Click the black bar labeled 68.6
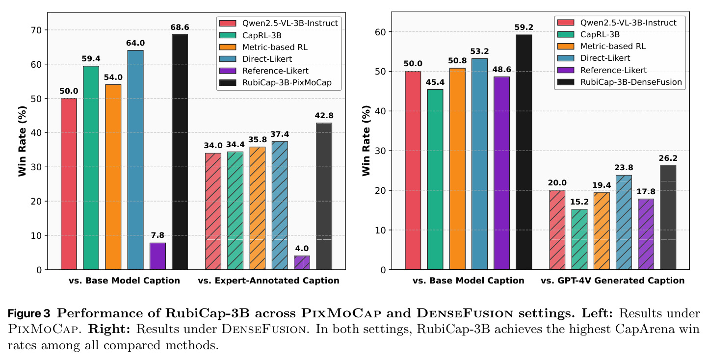point(180,152)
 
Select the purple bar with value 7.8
point(157,257)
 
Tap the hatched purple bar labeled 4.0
point(302,263)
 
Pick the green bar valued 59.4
point(91,168)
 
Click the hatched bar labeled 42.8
point(324,196)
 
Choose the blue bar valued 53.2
point(479,164)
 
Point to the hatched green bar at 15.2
point(579,239)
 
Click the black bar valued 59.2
point(524,152)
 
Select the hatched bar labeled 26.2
point(668,217)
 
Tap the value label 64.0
point(135,43)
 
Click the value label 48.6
point(501,70)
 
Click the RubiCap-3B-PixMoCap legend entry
point(275,82)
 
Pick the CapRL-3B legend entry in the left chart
point(250,35)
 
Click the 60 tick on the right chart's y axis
point(381,32)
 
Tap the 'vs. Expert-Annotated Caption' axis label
point(269,281)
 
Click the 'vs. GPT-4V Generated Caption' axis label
point(612,281)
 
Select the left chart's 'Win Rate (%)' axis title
point(22,141)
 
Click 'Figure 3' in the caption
point(29,313)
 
